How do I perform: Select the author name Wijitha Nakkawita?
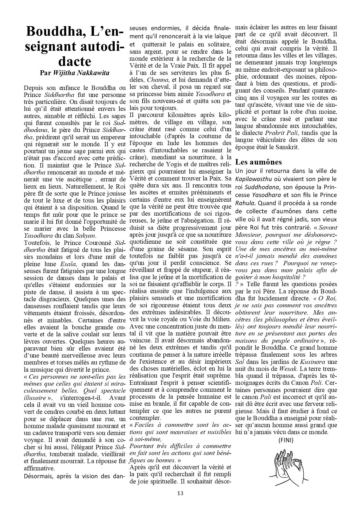pos(81,73)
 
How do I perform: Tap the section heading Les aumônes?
pos(258,162)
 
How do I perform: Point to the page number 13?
pos(180,493)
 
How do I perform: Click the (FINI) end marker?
pos(286,440)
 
